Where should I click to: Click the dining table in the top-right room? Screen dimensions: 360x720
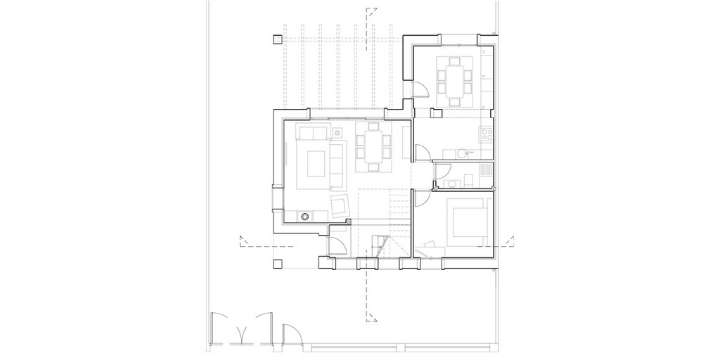click(x=454, y=77)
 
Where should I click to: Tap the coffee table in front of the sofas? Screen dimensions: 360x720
click(x=314, y=163)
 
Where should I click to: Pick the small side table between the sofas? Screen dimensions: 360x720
click(x=337, y=131)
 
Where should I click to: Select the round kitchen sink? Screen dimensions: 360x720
click(x=463, y=152)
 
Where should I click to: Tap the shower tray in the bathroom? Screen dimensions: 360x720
click(x=484, y=170)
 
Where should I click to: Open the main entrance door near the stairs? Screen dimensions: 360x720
click(x=338, y=244)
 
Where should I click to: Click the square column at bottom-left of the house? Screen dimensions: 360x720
click(x=277, y=264)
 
